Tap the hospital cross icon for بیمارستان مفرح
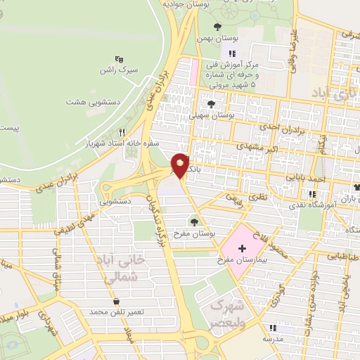pos(243,248)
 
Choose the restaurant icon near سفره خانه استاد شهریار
pos(122,132)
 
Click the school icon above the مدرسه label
pos(273,328)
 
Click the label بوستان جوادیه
pos(184,4)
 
